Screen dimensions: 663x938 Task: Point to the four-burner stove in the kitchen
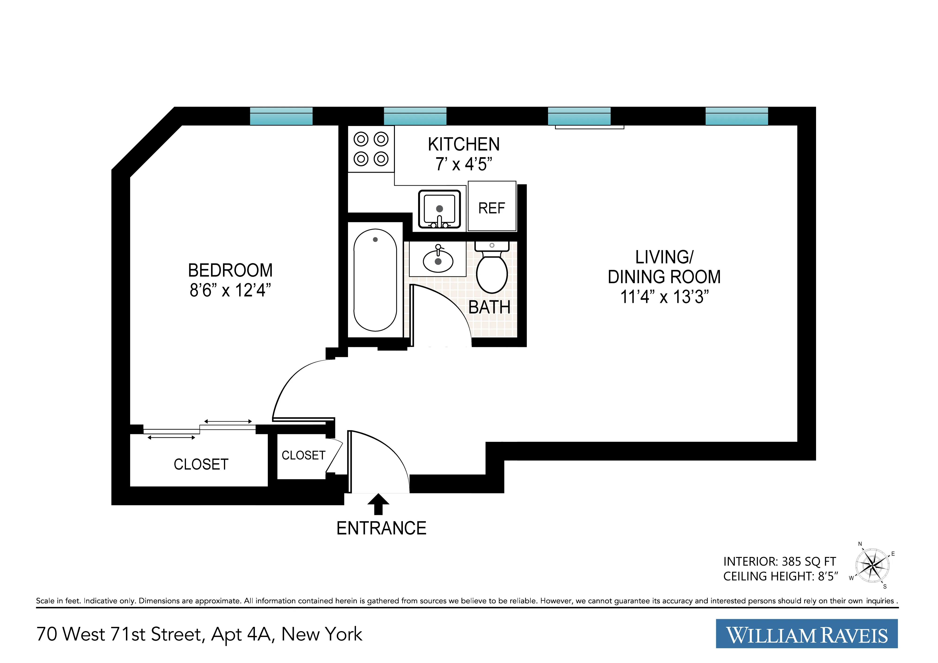click(371, 149)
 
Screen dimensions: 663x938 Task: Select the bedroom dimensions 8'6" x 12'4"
click(230, 290)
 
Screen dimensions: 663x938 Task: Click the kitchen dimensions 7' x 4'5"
click(463, 164)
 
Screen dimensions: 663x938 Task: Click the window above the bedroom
click(281, 116)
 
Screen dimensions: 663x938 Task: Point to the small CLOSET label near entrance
click(303, 455)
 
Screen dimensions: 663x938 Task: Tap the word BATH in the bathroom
click(489, 307)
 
